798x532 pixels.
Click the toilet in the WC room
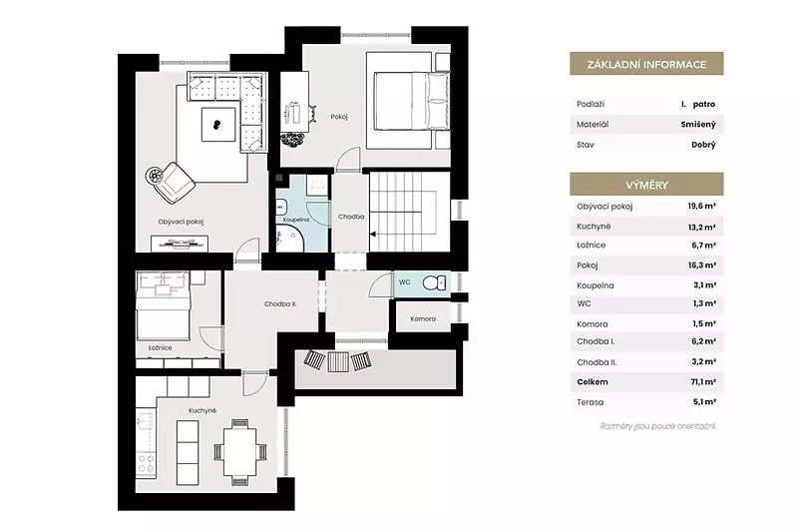(x=434, y=282)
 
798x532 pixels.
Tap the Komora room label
(x=423, y=318)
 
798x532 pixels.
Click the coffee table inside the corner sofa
(x=218, y=124)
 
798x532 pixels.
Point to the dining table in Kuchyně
(x=239, y=452)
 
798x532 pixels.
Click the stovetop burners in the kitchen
(x=146, y=464)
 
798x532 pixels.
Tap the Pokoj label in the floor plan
(x=339, y=117)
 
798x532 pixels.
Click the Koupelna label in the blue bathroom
(x=296, y=220)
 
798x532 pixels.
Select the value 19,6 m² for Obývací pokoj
(x=702, y=207)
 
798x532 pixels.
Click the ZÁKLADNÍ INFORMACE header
(x=646, y=65)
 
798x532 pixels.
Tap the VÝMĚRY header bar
(x=646, y=185)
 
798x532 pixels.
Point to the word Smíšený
(x=698, y=124)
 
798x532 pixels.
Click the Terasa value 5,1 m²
(x=704, y=401)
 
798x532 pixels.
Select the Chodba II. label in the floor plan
(x=280, y=303)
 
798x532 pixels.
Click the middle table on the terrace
(x=338, y=361)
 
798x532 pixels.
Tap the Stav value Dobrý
(x=703, y=145)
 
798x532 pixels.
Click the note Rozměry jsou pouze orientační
(x=658, y=426)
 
